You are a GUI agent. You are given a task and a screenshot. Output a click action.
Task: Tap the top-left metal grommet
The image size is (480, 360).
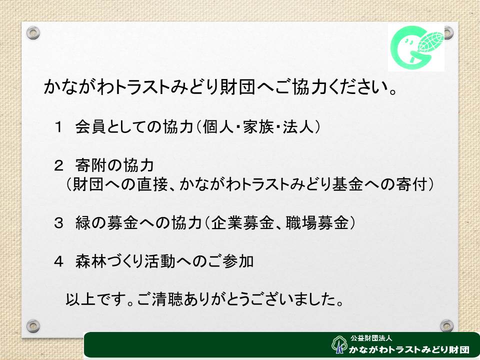[x=33, y=32]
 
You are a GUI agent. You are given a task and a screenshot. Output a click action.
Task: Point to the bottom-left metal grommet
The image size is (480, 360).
[x=33, y=326]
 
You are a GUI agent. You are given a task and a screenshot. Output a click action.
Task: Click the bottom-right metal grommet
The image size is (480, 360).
[x=446, y=326]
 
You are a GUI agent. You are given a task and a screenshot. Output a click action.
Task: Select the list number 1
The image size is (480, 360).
[x=58, y=126]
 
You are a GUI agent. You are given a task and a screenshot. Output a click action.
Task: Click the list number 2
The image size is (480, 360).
[x=58, y=165]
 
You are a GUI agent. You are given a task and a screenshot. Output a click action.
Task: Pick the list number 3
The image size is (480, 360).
[x=58, y=222]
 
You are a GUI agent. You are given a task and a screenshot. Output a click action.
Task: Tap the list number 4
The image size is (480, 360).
[x=58, y=261]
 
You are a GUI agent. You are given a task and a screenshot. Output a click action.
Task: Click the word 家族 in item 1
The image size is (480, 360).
[x=258, y=126]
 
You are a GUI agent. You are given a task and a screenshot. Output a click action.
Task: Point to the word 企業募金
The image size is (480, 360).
[x=242, y=222]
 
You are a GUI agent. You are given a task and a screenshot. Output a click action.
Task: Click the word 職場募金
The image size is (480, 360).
[x=317, y=222]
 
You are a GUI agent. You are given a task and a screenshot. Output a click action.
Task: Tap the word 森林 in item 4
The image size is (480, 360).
[x=91, y=261]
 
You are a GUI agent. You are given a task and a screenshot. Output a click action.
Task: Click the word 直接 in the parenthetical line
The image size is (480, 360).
[x=152, y=184]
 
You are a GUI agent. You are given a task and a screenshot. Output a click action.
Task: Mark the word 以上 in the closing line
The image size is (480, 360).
[x=81, y=299]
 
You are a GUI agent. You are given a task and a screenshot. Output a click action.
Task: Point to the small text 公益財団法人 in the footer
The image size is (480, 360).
[x=371, y=338]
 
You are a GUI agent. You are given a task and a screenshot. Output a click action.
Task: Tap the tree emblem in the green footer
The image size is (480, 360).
[x=339, y=345]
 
